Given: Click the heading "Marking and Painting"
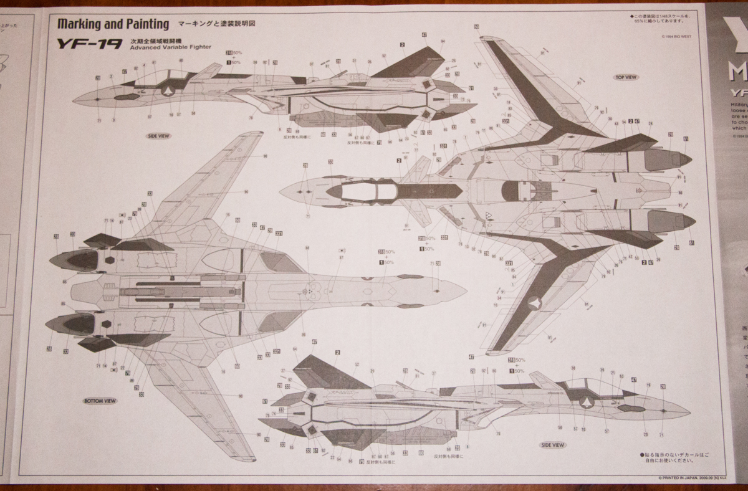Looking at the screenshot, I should click(x=113, y=25).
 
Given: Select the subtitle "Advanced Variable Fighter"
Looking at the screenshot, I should click(x=171, y=47).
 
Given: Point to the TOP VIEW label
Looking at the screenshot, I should click(x=625, y=77).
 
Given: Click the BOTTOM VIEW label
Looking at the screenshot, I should click(x=99, y=401).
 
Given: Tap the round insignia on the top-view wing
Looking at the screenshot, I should click(x=534, y=303).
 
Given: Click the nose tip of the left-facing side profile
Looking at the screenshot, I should click(x=74, y=99).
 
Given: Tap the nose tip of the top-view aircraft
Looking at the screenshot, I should click(x=280, y=191).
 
